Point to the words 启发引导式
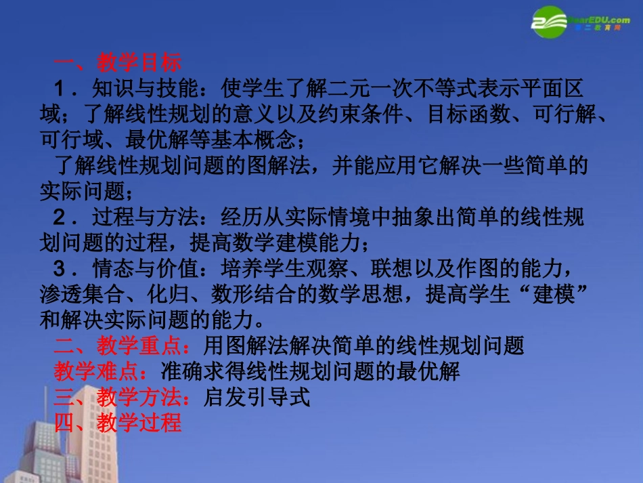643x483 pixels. [x=257, y=397]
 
